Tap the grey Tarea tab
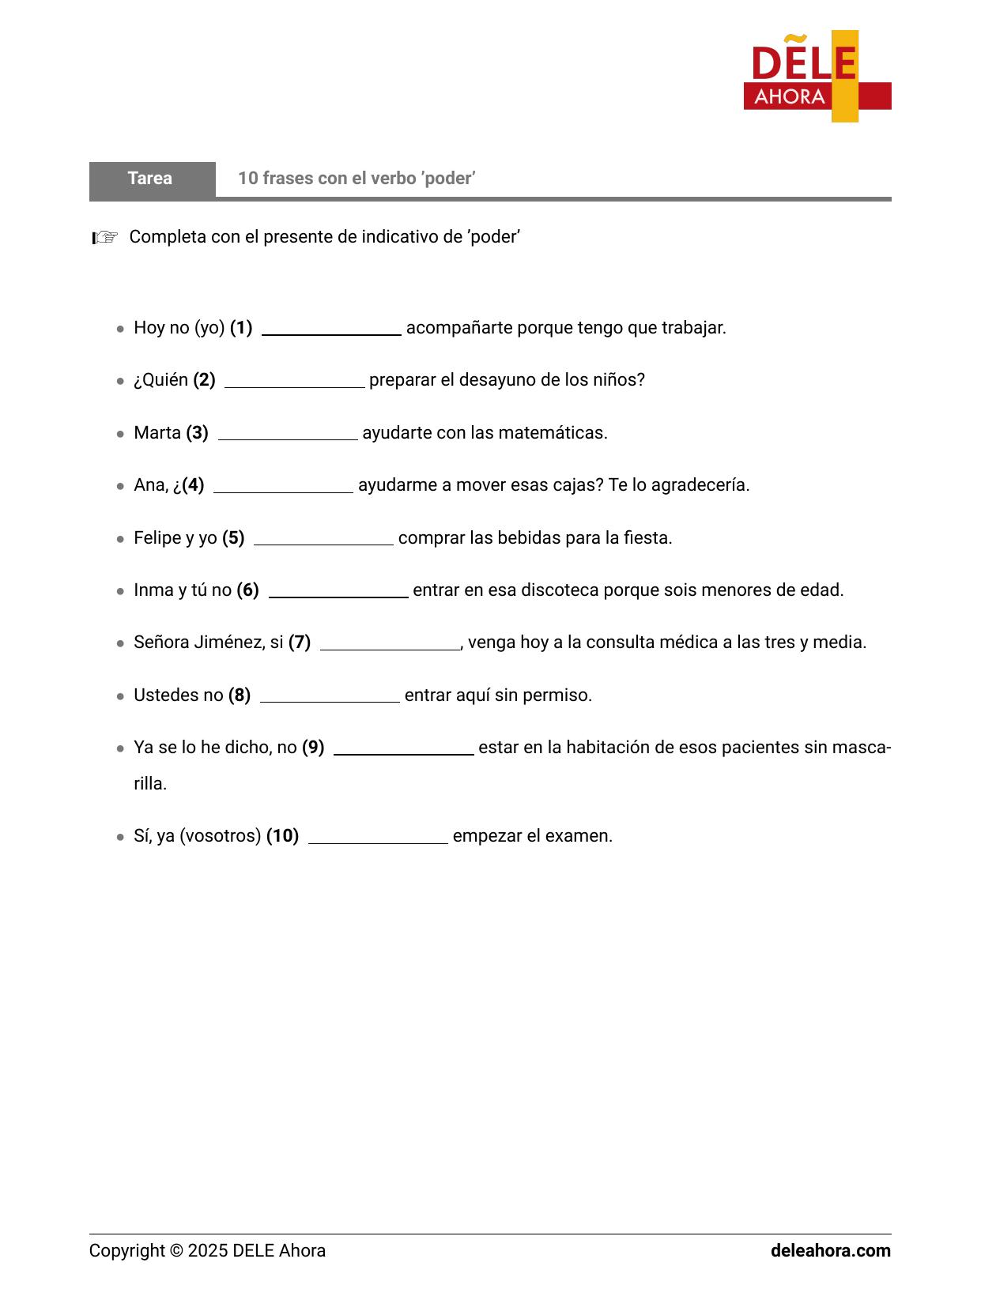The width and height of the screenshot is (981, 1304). click(x=151, y=179)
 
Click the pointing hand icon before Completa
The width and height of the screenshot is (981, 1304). click(x=105, y=237)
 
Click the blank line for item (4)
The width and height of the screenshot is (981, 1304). click(x=283, y=489)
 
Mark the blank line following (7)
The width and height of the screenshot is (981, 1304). click(x=390, y=646)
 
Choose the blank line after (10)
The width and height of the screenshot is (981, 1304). click(x=378, y=840)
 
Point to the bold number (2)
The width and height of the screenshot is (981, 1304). click(x=204, y=380)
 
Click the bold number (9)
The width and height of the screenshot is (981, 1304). click(x=313, y=748)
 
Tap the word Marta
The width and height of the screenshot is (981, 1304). click(x=157, y=433)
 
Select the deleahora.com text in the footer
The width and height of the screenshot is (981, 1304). click(x=830, y=1251)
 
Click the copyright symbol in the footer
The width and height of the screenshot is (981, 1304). click(x=175, y=1251)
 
